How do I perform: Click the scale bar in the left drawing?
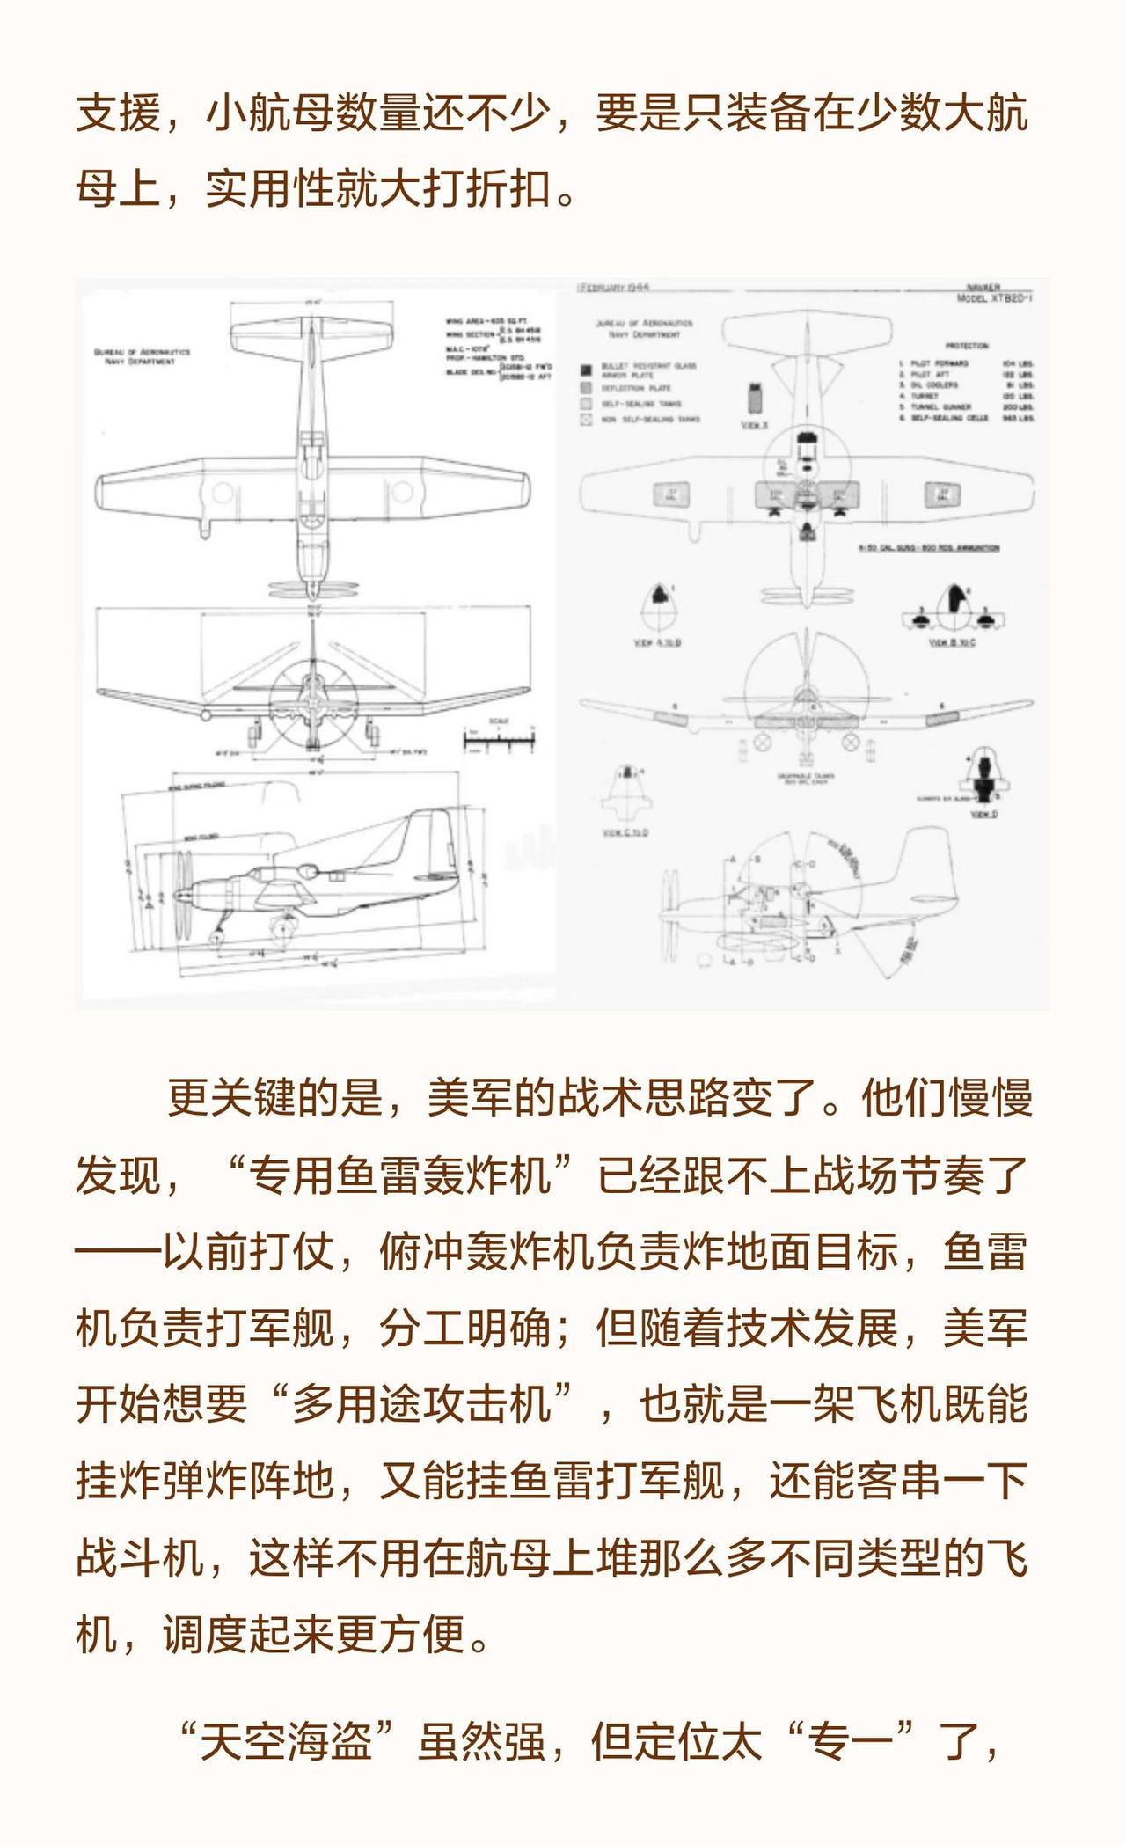pyautogui.click(x=499, y=743)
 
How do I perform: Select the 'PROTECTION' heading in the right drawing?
pyautogui.click(x=967, y=346)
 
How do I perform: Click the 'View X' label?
pyautogui.click(x=755, y=425)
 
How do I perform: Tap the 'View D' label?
pyautogui.click(x=983, y=815)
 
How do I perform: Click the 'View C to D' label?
pyautogui.click(x=625, y=832)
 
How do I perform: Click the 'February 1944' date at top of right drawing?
pyautogui.click(x=613, y=288)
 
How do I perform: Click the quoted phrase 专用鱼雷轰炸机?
pyautogui.click(x=399, y=1175)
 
